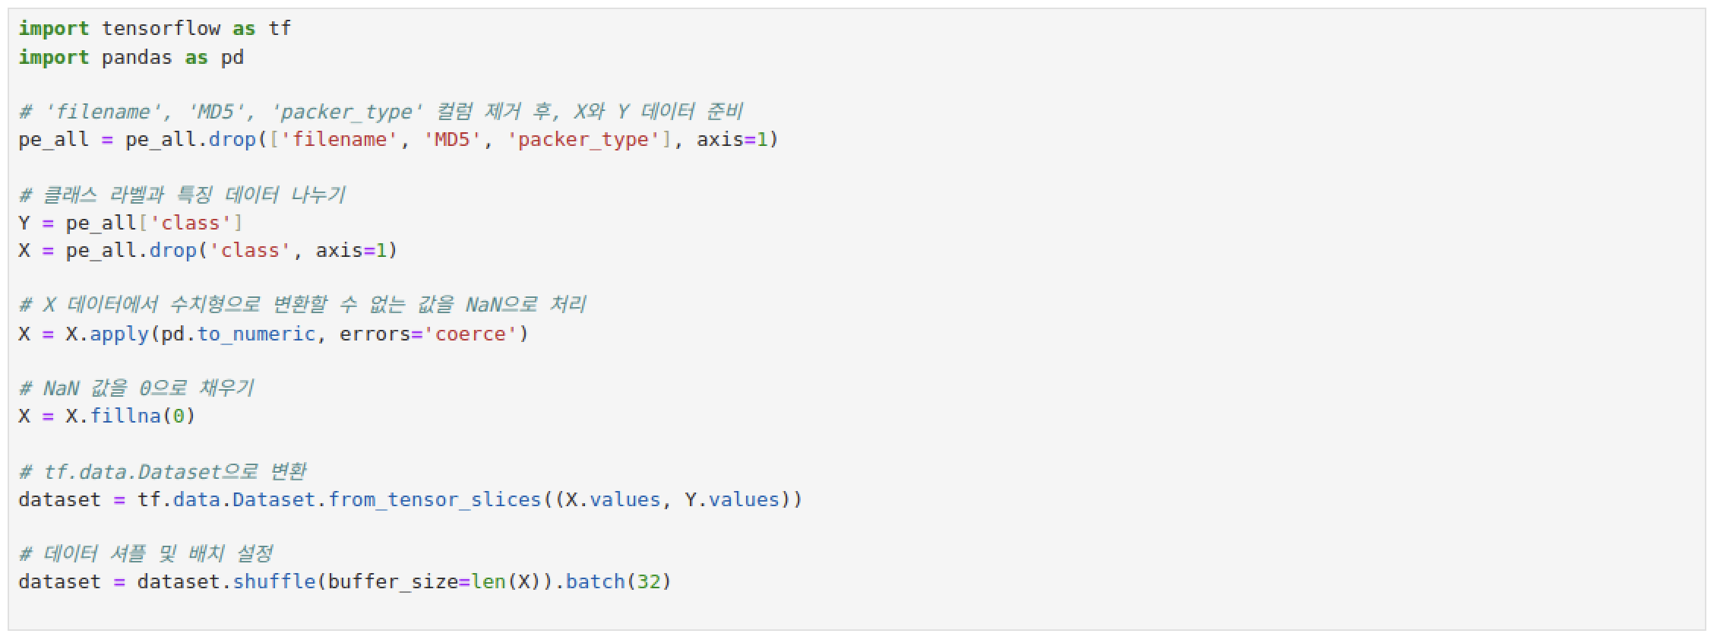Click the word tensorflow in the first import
pos(160,29)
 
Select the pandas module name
pos(137,58)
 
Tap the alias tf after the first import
pos(280,29)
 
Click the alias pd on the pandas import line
pos(232,58)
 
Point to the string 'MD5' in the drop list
pos(452,140)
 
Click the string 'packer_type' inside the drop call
pos(583,140)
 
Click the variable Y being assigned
pos(24,223)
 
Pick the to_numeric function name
pos(256,334)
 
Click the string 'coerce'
pos(470,334)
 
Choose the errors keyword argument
pos(375,334)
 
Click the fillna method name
pos(125,417)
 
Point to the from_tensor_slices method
pos(435,500)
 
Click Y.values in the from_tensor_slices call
pos(732,500)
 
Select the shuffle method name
pos(274,582)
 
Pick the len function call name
pos(488,582)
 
